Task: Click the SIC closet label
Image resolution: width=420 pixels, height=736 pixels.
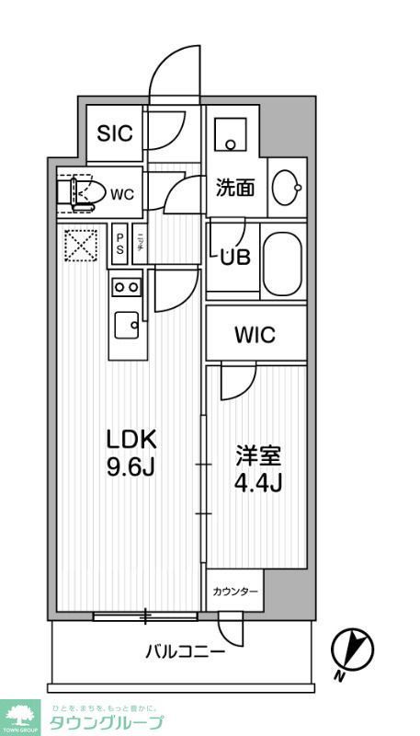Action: coord(115,132)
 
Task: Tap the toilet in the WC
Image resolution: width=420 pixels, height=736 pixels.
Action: coord(82,193)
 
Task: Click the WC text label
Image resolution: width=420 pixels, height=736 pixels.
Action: coord(122,194)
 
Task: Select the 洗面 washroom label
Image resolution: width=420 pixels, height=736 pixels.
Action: coord(234,189)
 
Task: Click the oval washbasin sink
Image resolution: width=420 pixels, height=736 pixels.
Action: coord(287,188)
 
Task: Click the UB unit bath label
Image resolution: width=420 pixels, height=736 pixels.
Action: coord(234,259)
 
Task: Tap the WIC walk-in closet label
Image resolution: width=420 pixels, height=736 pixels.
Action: coord(255,335)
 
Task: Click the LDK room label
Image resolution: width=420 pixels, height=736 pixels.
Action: coord(128,440)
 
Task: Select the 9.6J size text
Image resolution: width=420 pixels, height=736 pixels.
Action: coord(128,467)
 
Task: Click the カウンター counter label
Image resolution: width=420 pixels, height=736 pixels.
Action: coord(235,592)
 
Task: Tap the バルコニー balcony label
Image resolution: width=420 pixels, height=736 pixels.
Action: coord(185,652)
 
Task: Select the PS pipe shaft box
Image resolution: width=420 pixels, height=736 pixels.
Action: coord(119,246)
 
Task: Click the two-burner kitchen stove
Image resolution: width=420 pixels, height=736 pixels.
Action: coord(127,287)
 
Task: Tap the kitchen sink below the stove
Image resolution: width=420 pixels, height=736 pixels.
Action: coord(126,325)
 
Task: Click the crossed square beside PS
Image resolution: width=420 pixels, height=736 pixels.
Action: coord(80,245)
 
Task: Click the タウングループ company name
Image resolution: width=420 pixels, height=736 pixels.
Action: coord(119,721)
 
